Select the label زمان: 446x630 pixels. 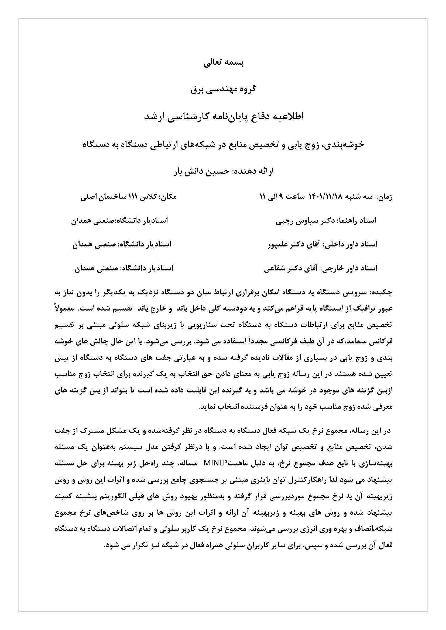[385, 197]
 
